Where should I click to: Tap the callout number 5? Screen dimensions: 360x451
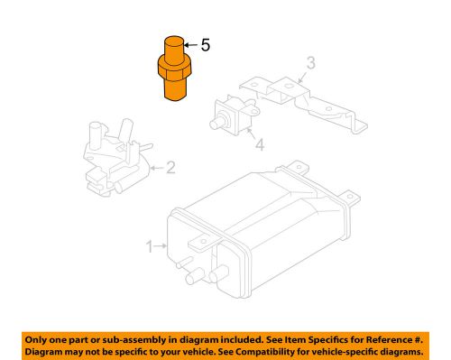[205, 43]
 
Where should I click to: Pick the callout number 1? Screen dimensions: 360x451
[151, 245]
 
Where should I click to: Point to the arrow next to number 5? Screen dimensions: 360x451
[189, 43]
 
